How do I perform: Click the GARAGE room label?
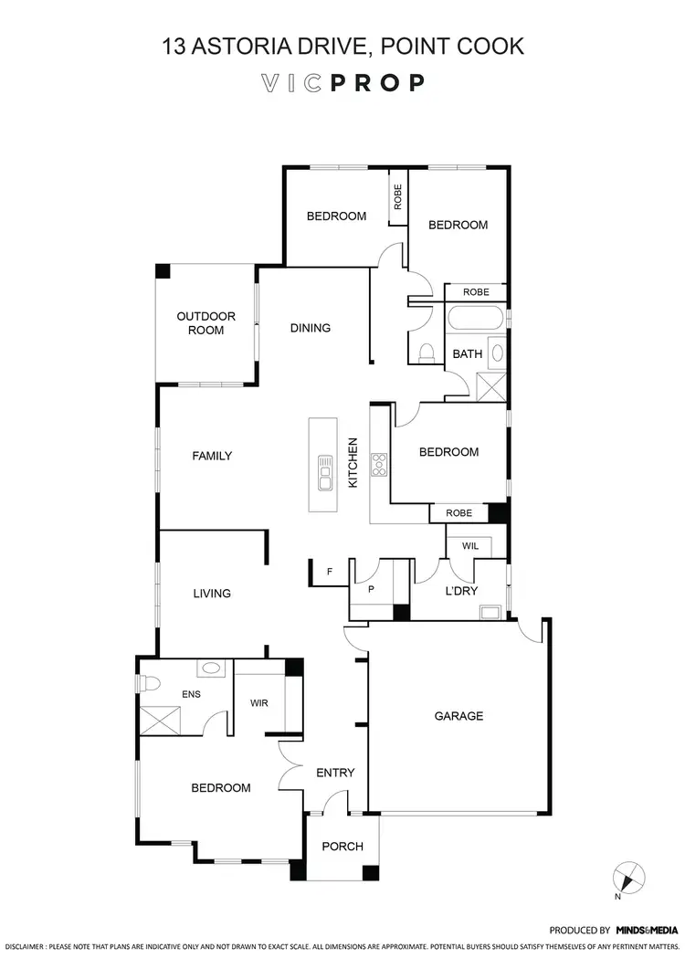[458, 716]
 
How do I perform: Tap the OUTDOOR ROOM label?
[205, 323]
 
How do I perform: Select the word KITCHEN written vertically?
[353, 462]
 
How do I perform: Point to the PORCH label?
[342, 847]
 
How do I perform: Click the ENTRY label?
[335, 773]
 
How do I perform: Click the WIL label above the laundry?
[469, 545]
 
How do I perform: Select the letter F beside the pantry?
[330, 573]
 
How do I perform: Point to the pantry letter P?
[371, 590]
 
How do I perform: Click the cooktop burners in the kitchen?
[379, 465]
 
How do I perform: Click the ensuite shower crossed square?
[161, 721]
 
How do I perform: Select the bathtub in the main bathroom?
[475, 321]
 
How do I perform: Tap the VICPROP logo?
[342, 83]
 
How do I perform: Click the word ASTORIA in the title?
[250, 46]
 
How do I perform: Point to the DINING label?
[311, 328]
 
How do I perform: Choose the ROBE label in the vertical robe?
[397, 197]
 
